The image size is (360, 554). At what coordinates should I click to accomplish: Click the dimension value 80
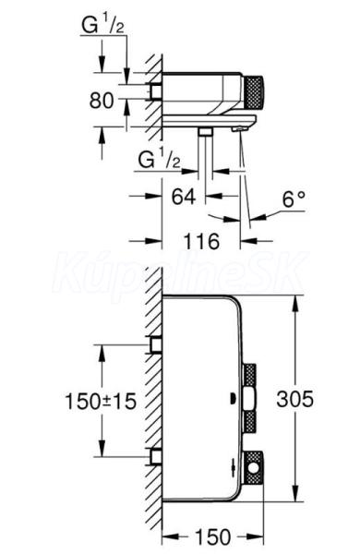102,101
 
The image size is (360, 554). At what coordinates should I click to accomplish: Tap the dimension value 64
184,197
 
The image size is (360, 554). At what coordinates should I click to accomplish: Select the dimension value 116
201,242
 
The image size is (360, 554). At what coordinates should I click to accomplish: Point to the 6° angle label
294,199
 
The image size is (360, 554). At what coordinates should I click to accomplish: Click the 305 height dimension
295,399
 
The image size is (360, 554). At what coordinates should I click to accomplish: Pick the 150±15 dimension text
101,402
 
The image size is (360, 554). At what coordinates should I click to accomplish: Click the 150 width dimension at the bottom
213,537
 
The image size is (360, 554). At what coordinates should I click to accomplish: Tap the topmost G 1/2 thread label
102,26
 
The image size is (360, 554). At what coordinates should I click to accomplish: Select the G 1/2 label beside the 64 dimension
160,160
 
